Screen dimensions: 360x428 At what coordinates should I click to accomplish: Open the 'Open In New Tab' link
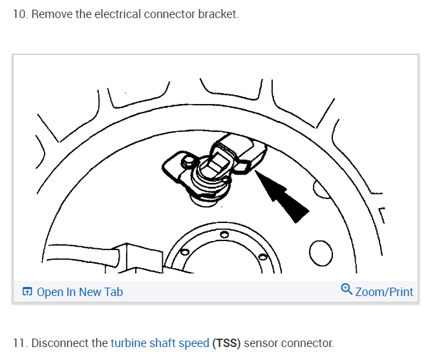coord(80,292)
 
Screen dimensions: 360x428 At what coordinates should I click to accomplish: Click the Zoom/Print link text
coord(384,292)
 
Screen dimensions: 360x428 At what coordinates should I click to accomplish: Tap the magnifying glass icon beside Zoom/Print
coord(347,290)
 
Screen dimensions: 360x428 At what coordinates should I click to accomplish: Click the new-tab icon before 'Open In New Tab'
coord(27,292)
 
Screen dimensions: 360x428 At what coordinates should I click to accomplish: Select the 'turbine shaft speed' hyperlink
coord(160,343)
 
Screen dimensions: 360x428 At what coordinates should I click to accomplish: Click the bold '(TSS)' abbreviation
coord(228,343)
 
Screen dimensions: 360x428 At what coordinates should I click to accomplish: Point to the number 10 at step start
coord(19,14)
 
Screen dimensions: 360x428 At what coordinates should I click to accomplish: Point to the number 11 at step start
coord(19,343)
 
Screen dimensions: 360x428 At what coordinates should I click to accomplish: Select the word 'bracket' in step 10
coord(219,14)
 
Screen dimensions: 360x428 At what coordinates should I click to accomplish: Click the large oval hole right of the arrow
coord(321,251)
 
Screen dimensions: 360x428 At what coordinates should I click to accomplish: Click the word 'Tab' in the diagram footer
coord(113,292)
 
